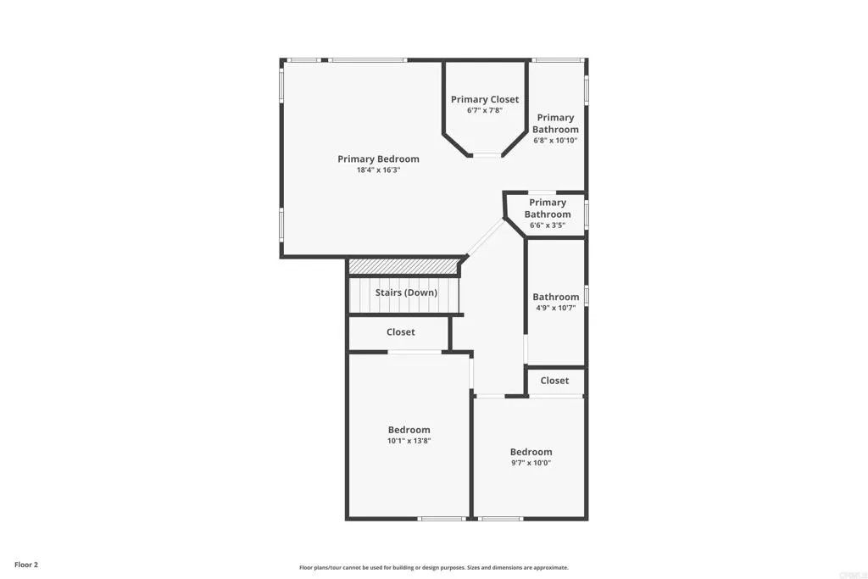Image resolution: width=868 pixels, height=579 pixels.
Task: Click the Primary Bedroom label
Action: (x=378, y=159)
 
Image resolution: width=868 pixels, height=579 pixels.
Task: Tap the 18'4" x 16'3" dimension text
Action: (x=378, y=170)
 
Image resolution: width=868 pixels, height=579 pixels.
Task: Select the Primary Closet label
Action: (x=485, y=99)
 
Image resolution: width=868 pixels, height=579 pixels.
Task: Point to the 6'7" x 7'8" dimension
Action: (x=485, y=111)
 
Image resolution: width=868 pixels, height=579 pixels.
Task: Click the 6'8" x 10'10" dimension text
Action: (x=555, y=141)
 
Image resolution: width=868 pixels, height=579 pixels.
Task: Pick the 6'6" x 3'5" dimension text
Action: (x=548, y=225)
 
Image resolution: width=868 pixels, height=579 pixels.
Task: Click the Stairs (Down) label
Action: (x=406, y=292)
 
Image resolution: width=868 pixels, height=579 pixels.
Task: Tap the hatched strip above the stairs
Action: (x=403, y=266)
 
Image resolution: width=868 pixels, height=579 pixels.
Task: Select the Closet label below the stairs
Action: (x=401, y=331)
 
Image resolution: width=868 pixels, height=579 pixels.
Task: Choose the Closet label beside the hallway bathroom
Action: (x=554, y=381)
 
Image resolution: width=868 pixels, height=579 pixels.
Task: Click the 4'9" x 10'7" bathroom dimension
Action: (x=556, y=309)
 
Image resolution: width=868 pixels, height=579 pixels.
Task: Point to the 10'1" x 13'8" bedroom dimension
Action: (x=409, y=441)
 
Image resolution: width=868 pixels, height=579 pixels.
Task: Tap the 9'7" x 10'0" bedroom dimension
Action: (x=531, y=463)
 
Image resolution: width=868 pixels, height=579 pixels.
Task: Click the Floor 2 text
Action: (x=26, y=564)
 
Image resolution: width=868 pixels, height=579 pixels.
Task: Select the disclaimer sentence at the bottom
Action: (x=433, y=568)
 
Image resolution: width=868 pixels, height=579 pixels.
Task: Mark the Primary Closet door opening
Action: (x=486, y=154)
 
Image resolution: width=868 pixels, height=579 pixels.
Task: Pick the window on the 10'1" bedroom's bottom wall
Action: (x=442, y=518)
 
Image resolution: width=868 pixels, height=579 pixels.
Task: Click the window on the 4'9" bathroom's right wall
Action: (x=586, y=296)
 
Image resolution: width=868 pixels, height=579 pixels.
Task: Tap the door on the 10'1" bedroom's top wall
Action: (x=415, y=352)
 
